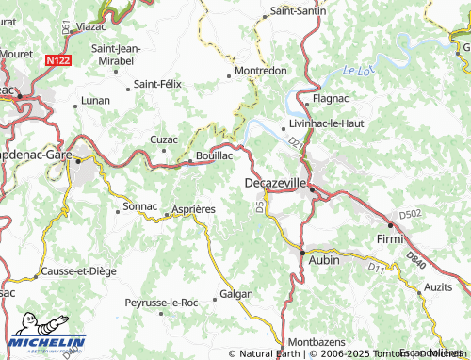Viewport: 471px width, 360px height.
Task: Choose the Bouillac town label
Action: [214, 155]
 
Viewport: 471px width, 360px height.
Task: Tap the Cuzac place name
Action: [164, 139]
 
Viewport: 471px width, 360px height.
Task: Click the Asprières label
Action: [193, 208]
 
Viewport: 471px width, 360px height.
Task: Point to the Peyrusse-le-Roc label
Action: [161, 303]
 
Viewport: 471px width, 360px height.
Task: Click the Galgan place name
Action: [236, 294]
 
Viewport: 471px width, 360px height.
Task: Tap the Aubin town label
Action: [323, 255]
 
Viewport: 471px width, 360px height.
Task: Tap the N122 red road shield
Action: [57, 58]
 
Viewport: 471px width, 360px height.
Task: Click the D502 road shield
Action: [409, 215]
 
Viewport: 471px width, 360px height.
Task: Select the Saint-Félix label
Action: [156, 84]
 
